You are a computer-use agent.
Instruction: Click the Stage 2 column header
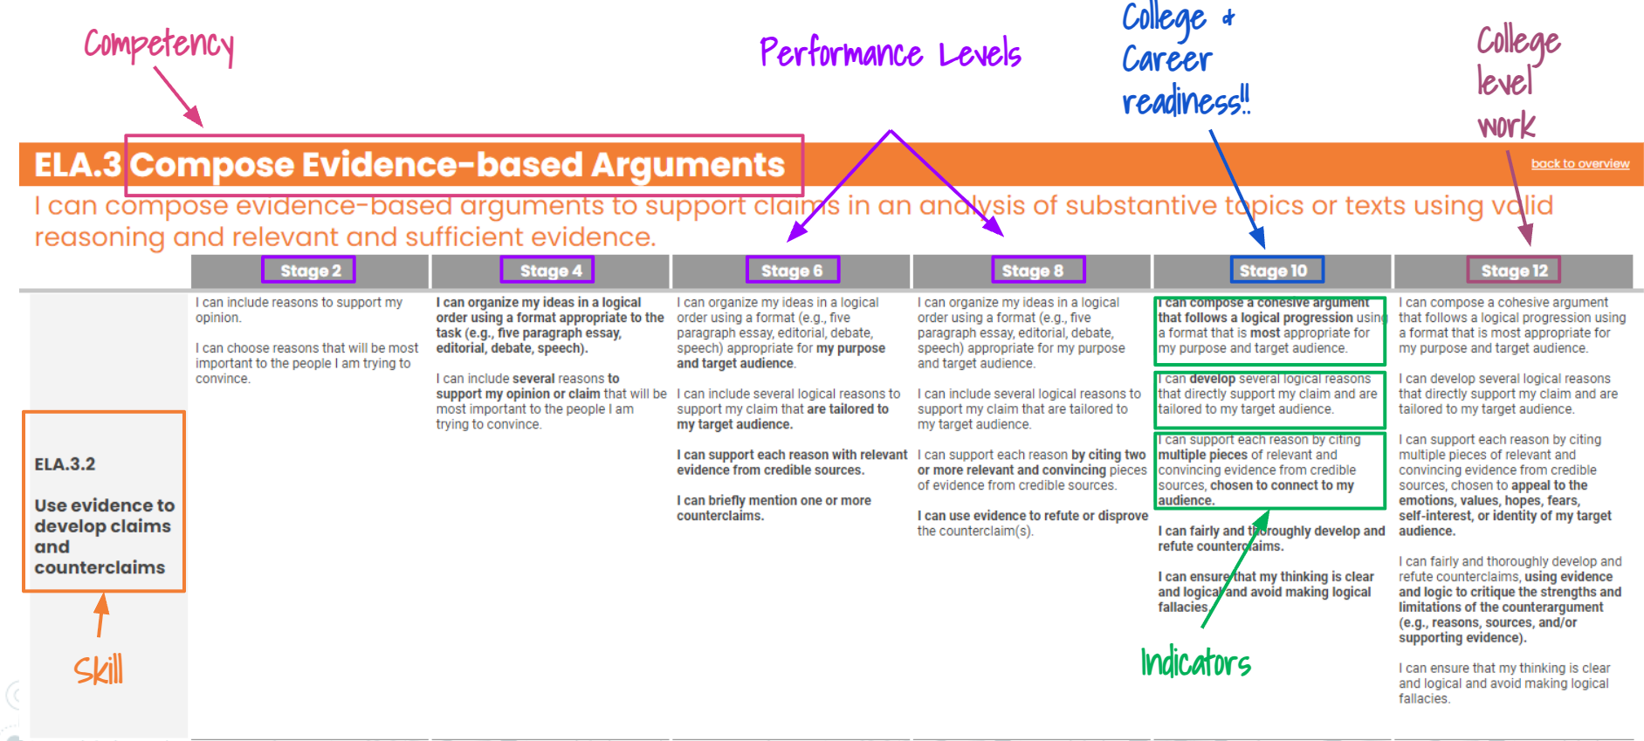click(x=310, y=271)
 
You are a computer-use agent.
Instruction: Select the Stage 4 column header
click(x=550, y=271)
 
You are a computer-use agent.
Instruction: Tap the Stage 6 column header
click(x=792, y=271)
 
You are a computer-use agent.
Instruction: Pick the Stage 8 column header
click(x=1032, y=271)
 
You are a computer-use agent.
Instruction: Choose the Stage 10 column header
click(x=1273, y=271)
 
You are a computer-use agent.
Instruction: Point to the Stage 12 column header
click(x=1514, y=271)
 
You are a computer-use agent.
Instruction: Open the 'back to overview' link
click(x=1579, y=163)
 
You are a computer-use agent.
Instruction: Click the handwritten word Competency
click(x=159, y=44)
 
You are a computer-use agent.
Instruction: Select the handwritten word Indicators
click(x=1195, y=663)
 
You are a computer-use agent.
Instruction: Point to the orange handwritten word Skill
click(x=98, y=670)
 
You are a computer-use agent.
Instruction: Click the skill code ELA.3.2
click(x=65, y=464)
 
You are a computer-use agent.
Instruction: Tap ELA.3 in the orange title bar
click(x=77, y=165)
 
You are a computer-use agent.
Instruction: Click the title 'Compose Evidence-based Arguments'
click(x=457, y=165)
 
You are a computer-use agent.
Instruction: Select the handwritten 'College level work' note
click(x=1517, y=82)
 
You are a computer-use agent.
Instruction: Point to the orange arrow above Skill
click(x=101, y=614)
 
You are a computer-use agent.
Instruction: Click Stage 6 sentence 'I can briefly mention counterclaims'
click(x=774, y=508)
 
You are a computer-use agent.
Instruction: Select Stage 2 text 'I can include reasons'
click(x=299, y=310)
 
